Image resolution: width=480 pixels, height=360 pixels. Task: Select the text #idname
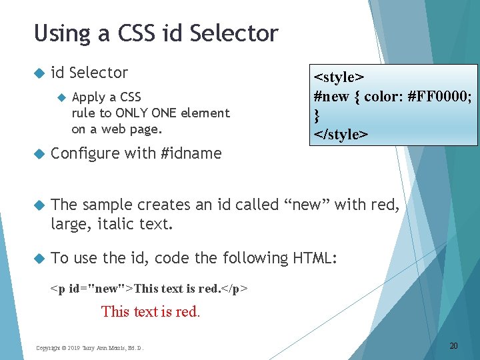191,153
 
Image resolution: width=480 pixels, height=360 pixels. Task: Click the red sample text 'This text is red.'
150,311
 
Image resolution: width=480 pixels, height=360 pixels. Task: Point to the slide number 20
453,345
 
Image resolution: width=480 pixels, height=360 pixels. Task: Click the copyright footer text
89,347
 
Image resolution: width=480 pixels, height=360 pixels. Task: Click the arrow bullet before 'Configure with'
39,153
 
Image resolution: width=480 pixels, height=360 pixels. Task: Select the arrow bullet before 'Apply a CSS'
61,97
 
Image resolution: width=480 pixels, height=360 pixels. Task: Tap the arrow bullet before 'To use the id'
39,257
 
